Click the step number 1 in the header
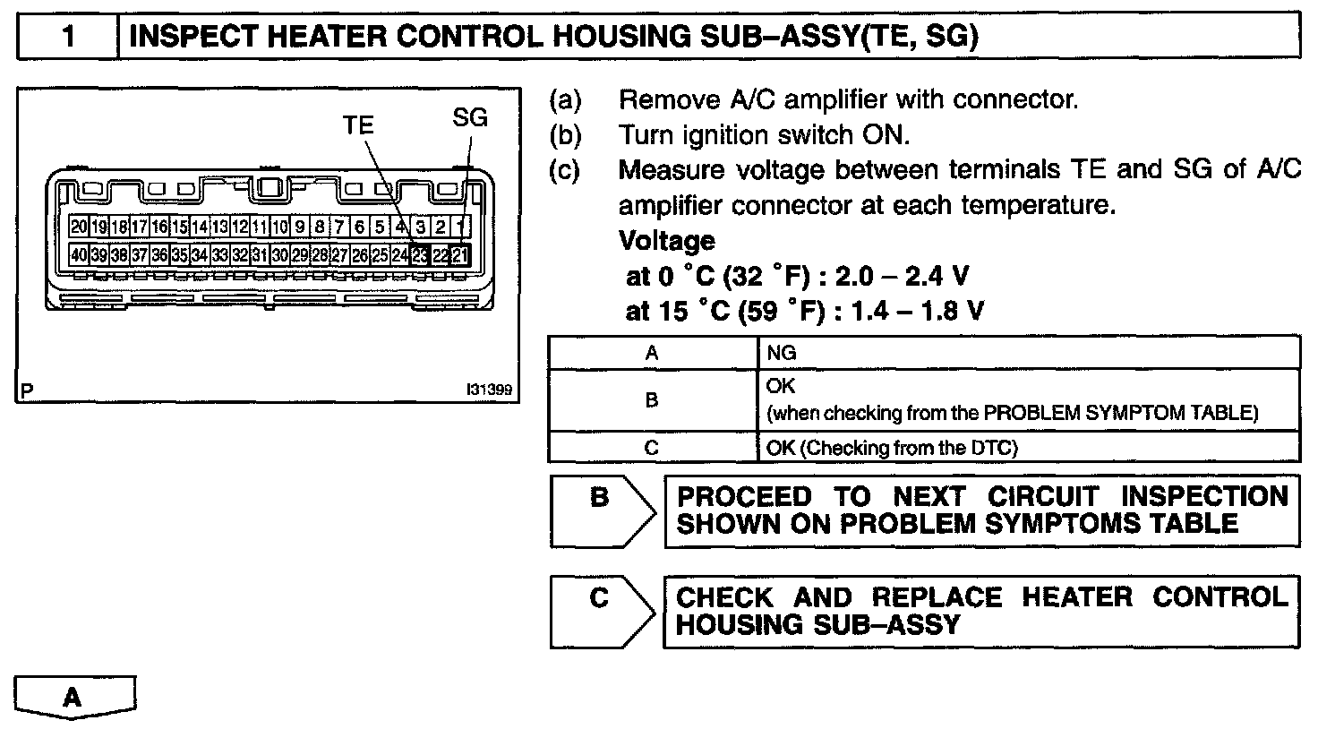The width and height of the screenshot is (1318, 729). [x=68, y=37]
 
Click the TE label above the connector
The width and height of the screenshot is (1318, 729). [x=358, y=125]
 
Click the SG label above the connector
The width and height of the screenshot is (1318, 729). [x=470, y=117]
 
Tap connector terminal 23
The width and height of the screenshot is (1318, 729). [x=420, y=255]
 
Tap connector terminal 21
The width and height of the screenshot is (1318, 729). [x=460, y=255]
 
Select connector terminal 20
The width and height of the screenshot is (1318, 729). [x=79, y=227]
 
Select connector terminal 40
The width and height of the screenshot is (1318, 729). [x=79, y=255]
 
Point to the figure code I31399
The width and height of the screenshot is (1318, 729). [x=488, y=390]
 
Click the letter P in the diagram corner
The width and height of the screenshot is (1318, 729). [x=27, y=390]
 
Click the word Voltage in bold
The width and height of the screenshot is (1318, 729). [x=667, y=241]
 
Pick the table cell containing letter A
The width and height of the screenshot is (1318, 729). [x=652, y=353]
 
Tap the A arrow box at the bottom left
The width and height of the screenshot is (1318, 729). [x=75, y=696]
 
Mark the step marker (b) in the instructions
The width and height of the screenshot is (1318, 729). [x=564, y=135]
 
